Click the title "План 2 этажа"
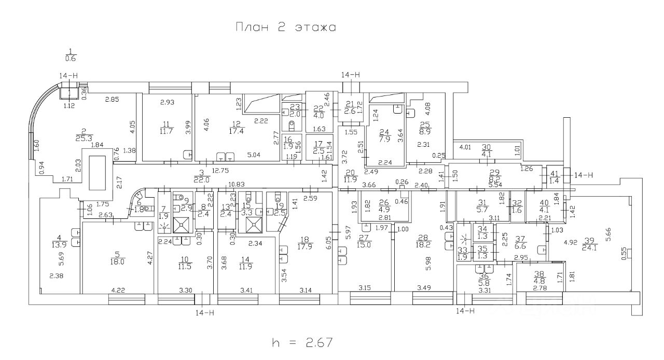click(286, 27)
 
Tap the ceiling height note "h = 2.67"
click(301, 342)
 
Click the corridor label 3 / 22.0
click(201, 176)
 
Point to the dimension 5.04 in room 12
click(254, 154)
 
